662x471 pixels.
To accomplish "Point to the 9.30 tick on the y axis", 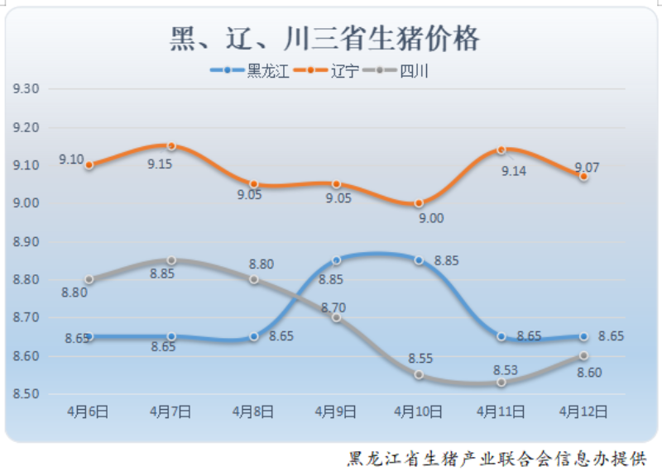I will pos(26,88).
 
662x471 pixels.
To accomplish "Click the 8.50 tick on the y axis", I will pos(26,394).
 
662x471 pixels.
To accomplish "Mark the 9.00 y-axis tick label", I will pos(26,203).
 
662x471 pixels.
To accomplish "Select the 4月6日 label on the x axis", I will pos(89,410).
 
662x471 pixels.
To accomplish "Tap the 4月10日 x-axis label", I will pos(419,410).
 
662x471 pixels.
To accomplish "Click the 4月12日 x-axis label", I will pos(584,410).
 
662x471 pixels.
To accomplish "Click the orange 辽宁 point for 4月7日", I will pos(171,145).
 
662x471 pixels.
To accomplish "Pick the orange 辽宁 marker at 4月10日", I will pos(419,203).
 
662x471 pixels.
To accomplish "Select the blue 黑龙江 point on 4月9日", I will pos(336,260).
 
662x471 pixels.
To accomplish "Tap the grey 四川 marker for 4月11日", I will pos(501,383).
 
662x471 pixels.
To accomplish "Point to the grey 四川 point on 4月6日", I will pos(89,279).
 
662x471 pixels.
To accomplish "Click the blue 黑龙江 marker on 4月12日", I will pos(584,336).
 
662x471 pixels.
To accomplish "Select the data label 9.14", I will pos(514,171).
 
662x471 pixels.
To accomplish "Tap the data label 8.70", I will pos(333,307).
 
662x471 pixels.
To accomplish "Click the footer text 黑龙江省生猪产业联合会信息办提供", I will pos(496,457).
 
